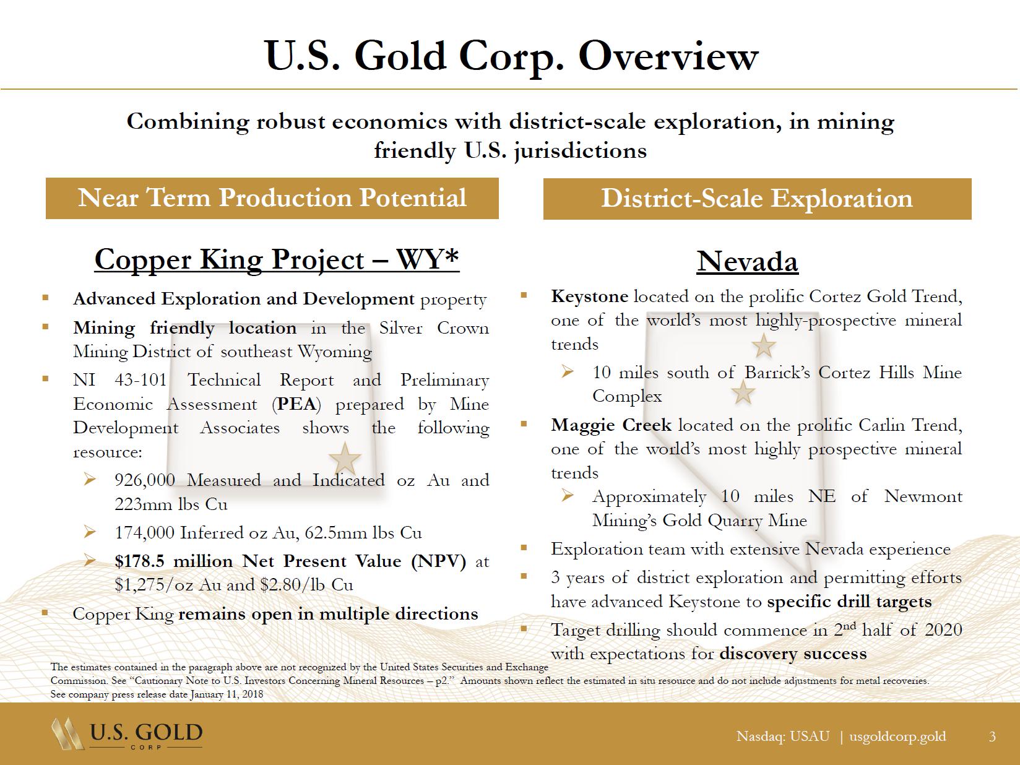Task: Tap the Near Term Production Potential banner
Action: [272, 198]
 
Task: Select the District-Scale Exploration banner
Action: [757, 199]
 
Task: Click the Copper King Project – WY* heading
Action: [277, 259]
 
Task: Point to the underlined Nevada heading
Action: [747, 261]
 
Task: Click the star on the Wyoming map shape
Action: [345, 459]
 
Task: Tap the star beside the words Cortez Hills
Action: [743, 392]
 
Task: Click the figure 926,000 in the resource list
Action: [145, 480]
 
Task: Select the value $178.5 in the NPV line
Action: [139, 561]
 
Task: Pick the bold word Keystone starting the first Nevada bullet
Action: [590, 296]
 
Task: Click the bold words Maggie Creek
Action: [611, 425]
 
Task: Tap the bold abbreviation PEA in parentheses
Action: [296, 404]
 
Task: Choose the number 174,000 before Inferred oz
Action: [145, 532]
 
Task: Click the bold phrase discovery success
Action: [793, 654]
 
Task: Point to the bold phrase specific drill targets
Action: [849, 602]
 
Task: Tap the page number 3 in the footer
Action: [992, 736]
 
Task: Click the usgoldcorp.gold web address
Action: [897, 737]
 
